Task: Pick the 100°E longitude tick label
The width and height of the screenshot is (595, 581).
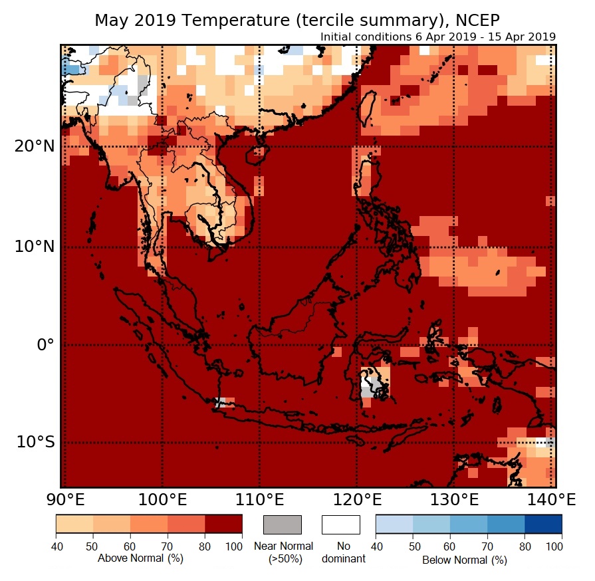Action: [x=162, y=499]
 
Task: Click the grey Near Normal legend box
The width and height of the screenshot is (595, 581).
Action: [x=283, y=525]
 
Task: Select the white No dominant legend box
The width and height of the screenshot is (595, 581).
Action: [x=340, y=525]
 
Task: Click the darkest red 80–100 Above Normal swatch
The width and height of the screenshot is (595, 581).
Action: [x=223, y=524]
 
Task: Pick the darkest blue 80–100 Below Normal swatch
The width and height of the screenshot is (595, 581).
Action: [x=543, y=524]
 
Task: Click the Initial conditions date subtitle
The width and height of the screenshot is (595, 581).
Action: [x=437, y=37]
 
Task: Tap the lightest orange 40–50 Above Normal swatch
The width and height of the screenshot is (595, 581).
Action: [x=74, y=524]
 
